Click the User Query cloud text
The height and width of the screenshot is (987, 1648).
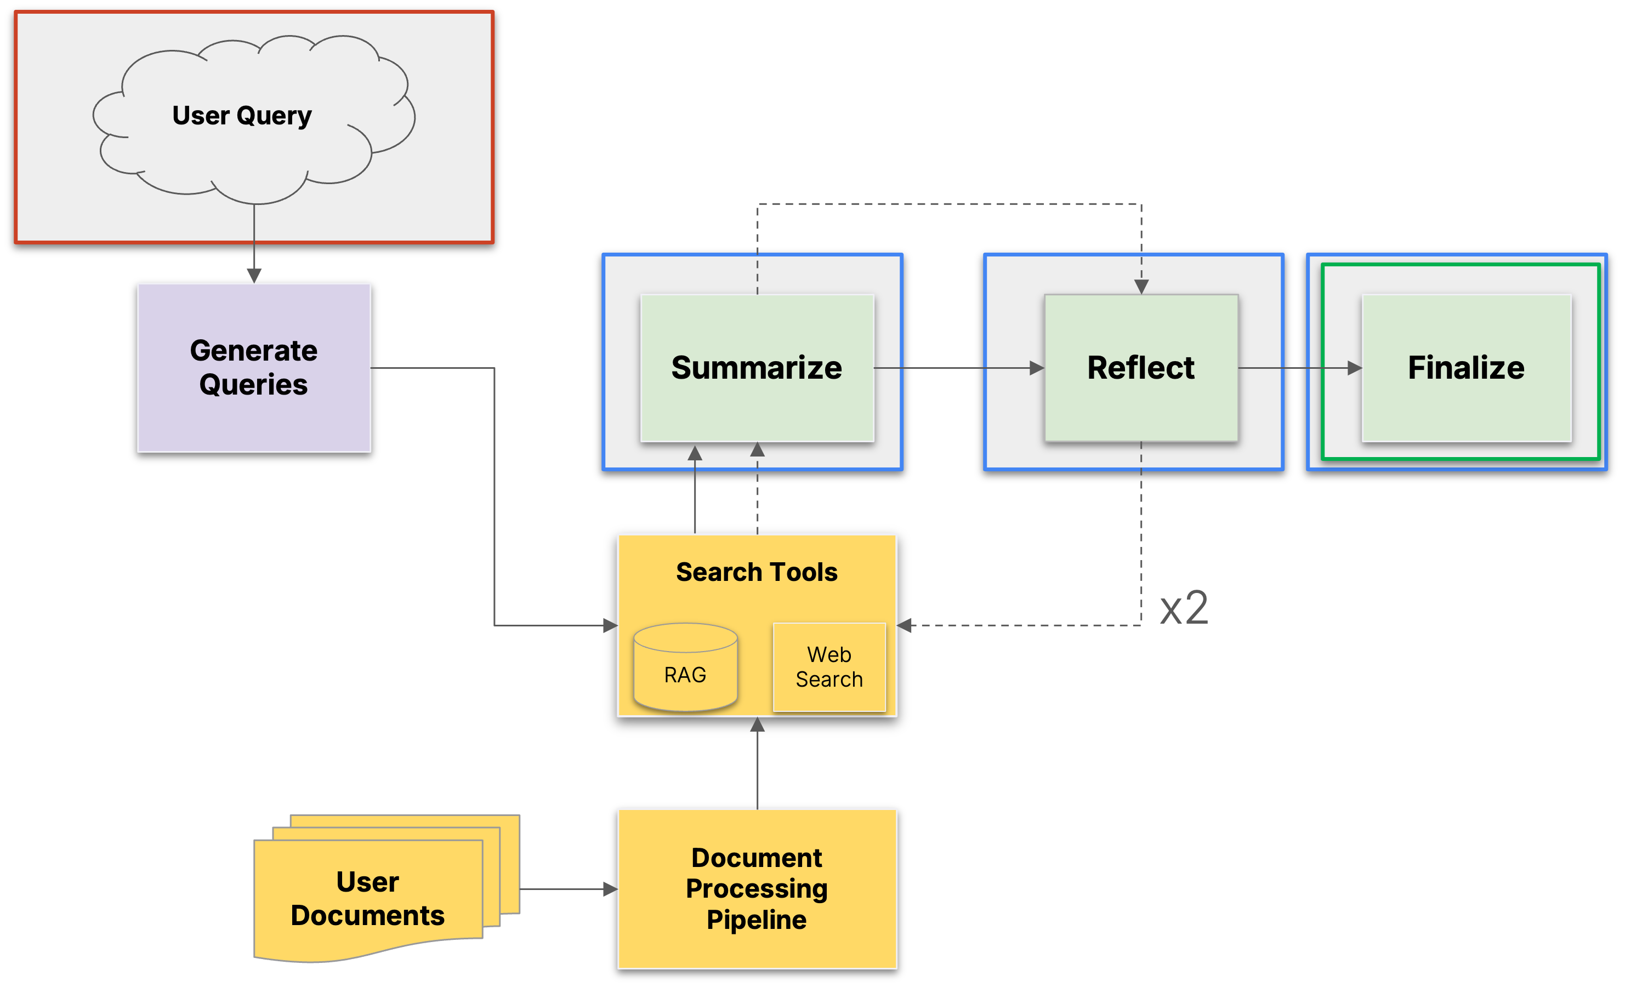(242, 116)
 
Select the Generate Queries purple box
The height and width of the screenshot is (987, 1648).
(253, 367)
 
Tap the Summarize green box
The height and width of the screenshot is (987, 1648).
(757, 367)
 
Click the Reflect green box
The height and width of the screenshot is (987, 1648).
(1140, 367)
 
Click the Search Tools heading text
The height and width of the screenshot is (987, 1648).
(757, 572)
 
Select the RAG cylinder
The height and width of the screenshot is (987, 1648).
(685, 667)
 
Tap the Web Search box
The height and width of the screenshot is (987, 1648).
(829, 667)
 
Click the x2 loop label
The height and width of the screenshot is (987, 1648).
(1184, 608)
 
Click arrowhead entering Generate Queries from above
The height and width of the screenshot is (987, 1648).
(253, 275)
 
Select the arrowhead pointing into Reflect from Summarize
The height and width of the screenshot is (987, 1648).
(1037, 368)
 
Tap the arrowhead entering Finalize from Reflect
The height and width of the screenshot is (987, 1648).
(1355, 368)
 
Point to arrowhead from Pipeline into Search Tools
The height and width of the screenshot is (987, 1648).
(757, 725)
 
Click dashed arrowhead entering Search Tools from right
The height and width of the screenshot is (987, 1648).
(905, 625)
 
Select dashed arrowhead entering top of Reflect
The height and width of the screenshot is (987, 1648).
(1141, 287)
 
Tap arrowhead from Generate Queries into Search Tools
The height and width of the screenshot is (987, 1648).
(610, 625)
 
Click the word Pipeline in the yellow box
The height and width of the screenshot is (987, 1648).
(757, 920)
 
